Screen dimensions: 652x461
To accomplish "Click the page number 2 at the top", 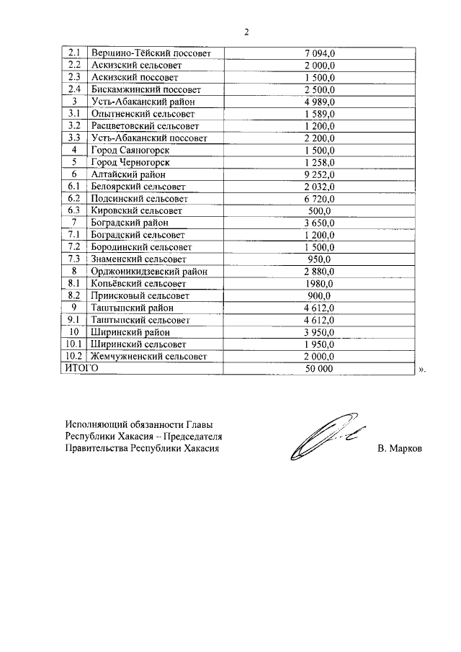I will [x=246, y=32].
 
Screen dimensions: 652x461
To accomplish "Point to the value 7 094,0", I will [x=320, y=53].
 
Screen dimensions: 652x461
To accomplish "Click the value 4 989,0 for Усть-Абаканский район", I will [x=320, y=102].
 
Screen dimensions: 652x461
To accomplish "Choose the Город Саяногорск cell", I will [x=130, y=150].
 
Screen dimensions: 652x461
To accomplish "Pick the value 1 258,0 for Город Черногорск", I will [x=320, y=162].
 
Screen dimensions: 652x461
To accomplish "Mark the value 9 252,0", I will [x=320, y=174].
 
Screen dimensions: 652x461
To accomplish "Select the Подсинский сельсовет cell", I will [x=139, y=198].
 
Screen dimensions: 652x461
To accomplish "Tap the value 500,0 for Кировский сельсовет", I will [x=320, y=210].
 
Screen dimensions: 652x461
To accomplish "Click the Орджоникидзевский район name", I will [x=149, y=271].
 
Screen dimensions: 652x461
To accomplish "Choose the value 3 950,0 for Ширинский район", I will [x=320, y=332].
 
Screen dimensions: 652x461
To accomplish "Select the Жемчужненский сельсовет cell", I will [x=149, y=357].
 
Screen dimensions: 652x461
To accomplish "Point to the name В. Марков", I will [x=400, y=448].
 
